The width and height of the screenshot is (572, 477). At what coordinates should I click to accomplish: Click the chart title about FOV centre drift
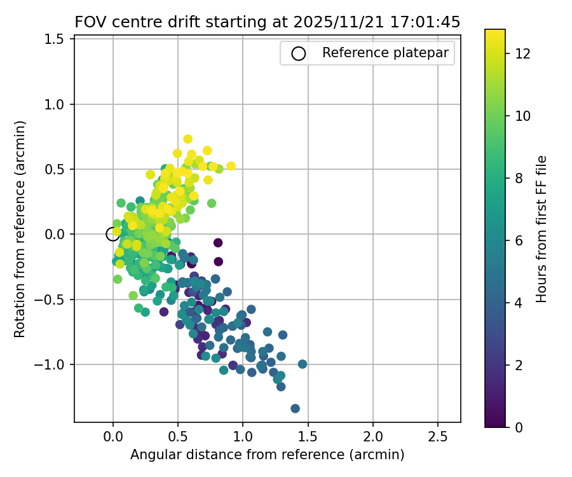pos(268,22)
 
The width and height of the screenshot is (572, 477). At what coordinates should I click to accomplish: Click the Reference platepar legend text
pos(388,53)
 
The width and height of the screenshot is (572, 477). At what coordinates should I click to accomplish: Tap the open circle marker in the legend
pos(298,53)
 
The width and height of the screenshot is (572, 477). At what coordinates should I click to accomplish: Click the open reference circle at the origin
pos(112,234)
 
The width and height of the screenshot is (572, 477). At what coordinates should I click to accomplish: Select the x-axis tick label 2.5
pos(437,438)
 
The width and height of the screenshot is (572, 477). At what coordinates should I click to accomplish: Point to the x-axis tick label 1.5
pos(308,438)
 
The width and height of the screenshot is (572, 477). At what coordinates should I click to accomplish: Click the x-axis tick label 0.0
pos(113,438)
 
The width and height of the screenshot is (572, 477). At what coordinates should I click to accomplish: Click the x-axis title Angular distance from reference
pos(268,455)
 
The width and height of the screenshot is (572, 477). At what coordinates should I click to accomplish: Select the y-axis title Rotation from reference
pos(20,229)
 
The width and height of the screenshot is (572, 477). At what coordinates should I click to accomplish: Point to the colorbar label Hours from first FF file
pos(541,229)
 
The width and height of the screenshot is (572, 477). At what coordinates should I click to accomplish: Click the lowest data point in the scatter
pos(295,408)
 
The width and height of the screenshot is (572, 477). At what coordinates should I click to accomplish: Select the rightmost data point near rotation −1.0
pos(303,364)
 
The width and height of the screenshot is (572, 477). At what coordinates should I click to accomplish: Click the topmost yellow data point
pos(187,139)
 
